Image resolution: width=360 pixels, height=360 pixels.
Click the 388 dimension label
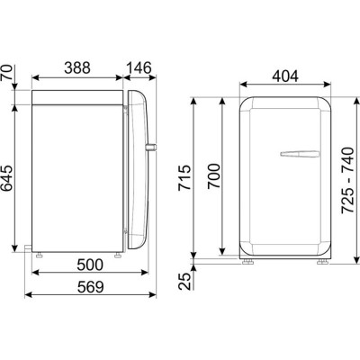pyautogui.click(x=77, y=67)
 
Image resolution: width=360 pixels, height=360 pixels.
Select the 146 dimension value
pyautogui.click(x=139, y=67)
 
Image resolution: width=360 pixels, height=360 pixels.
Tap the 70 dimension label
pyautogui.click(x=7, y=72)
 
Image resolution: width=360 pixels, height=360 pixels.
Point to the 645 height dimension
pyautogui.click(x=7, y=178)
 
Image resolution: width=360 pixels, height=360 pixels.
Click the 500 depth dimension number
pyautogui.click(x=90, y=265)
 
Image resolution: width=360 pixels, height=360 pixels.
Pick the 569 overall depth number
pyautogui.click(x=90, y=287)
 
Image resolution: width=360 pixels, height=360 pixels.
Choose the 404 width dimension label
pyautogui.click(x=285, y=76)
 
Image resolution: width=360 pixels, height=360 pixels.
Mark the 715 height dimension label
pyautogui.click(x=184, y=177)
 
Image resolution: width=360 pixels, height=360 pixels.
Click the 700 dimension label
pyautogui.click(x=214, y=176)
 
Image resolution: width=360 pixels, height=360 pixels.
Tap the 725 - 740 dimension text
pyautogui.click(x=348, y=181)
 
